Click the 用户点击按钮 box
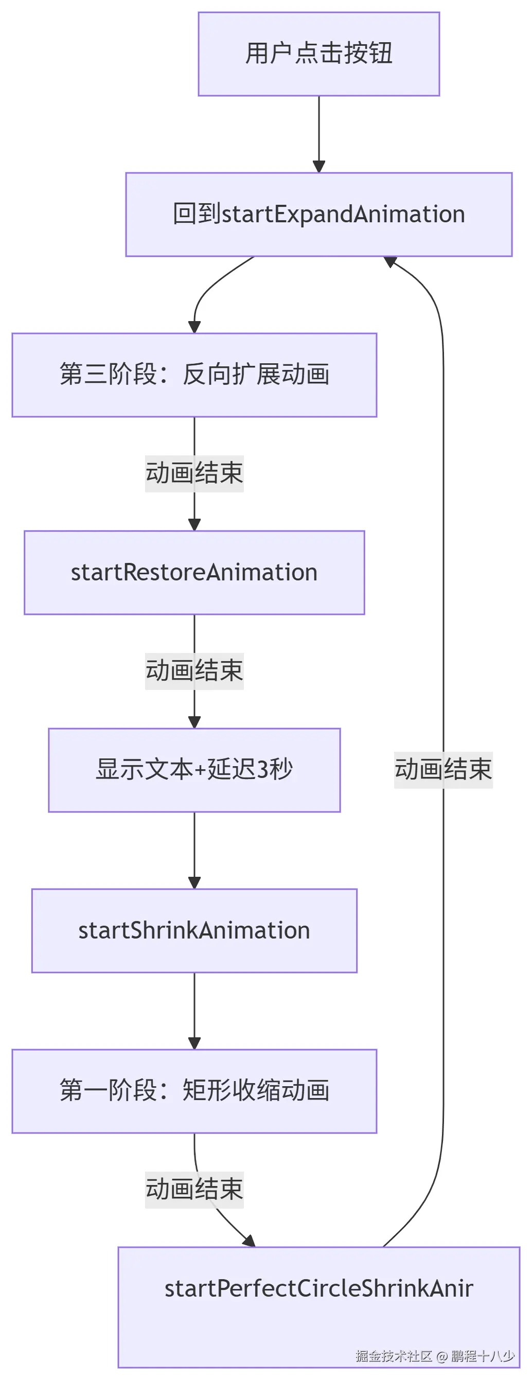319,54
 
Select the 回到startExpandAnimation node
319,214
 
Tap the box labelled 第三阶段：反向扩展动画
194,375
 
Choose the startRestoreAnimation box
194,572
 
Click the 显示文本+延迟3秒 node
194,770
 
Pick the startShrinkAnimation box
194,930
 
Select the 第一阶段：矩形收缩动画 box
194,1091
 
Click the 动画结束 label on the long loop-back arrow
443,770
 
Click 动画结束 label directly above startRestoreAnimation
194,473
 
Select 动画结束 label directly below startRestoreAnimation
194,671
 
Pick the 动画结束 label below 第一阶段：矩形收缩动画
194,1190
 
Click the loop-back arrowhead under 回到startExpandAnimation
390,261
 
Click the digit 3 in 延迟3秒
262,770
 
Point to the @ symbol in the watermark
441,1356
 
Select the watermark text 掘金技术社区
394,1356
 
